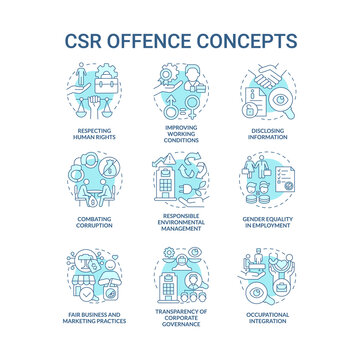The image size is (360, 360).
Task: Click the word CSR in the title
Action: pyautogui.click(x=87, y=42)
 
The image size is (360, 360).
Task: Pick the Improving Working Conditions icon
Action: pyautogui.click(x=180, y=91)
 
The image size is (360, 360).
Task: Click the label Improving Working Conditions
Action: pyautogui.click(x=180, y=133)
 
